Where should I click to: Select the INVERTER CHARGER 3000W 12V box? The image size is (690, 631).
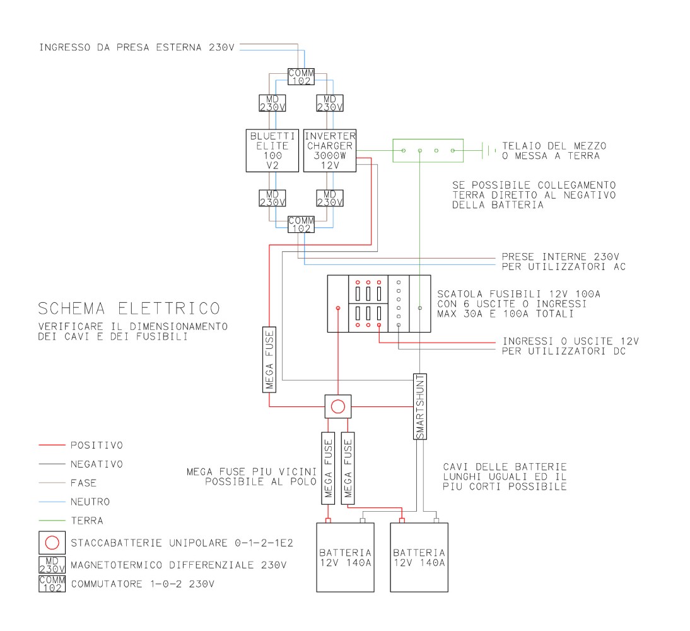tap(330, 150)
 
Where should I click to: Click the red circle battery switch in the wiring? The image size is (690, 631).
tap(338, 406)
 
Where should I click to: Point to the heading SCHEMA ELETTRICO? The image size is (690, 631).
tap(129, 309)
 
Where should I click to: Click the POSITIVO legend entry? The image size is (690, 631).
tap(96, 445)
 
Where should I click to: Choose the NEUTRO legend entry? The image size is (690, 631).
tap(90, 502)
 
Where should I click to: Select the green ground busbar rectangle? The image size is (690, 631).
tap(427, 151)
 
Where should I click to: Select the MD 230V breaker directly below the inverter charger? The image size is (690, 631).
tap(330, 198)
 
